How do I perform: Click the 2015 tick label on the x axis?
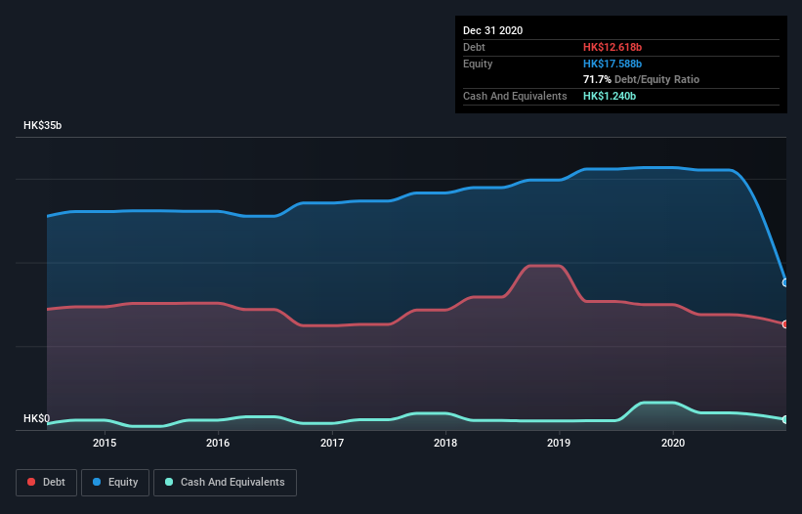105,443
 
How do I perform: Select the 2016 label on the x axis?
218,443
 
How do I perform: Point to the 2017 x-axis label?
332,443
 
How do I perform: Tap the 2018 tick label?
445,443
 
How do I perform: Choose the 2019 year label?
560,443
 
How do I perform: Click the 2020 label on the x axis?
673,443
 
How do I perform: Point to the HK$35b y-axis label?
45,126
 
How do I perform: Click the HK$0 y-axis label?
36,418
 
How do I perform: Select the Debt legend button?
47,482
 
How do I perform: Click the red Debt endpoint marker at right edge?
785,323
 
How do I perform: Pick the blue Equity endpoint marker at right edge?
785,282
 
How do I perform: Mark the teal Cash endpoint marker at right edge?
785,419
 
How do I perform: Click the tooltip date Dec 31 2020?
492,30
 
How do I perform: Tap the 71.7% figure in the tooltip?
597,79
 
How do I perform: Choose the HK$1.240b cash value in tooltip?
611,96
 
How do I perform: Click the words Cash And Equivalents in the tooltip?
515,96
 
